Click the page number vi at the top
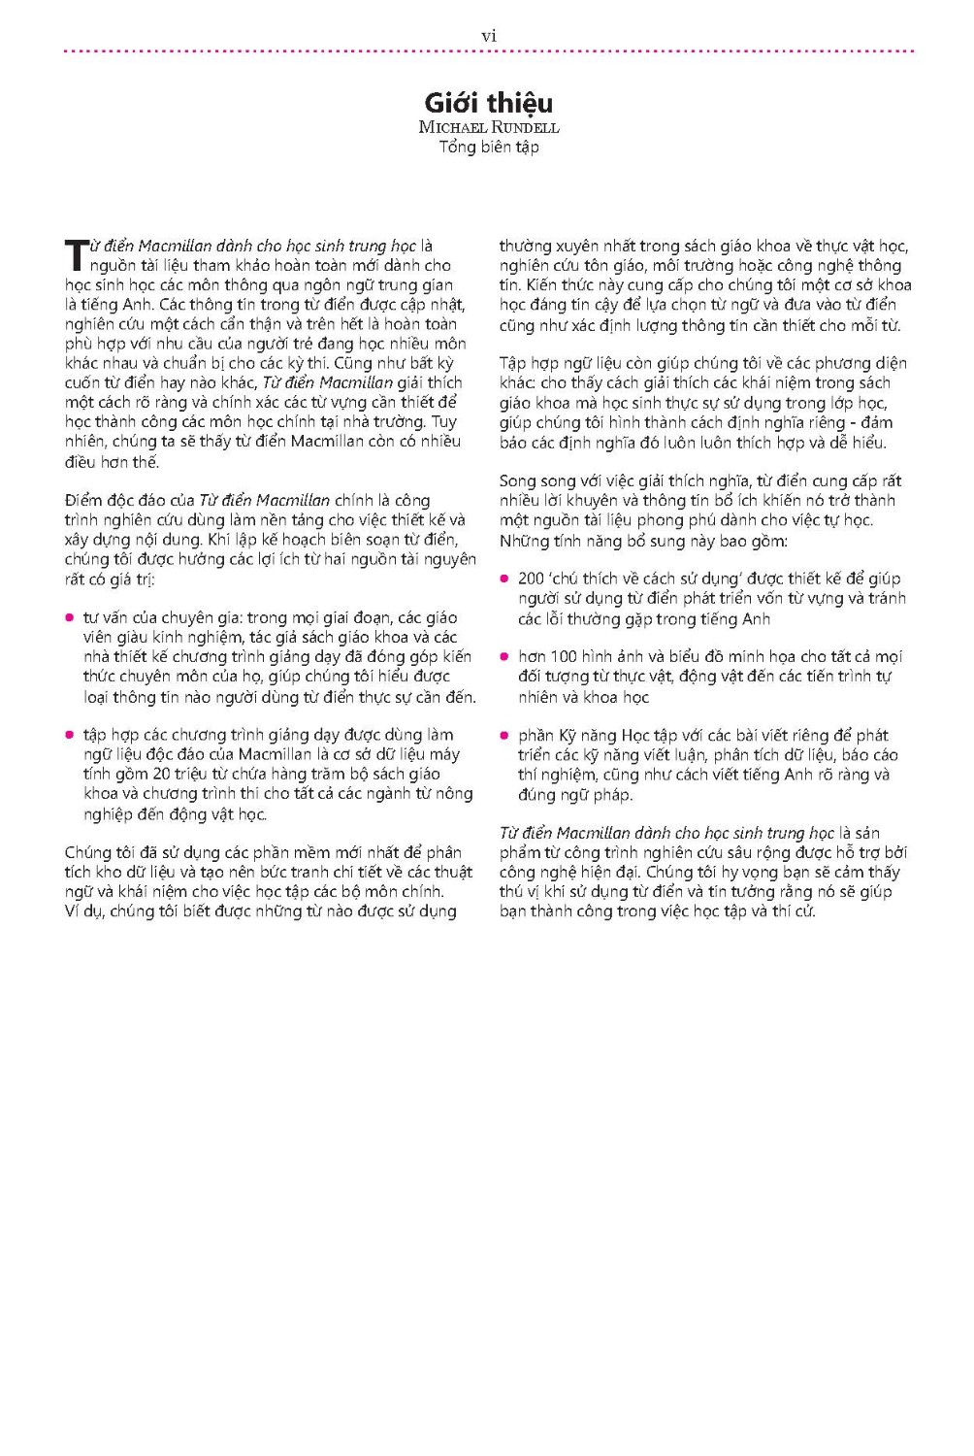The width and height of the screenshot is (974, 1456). [x=488, y=37]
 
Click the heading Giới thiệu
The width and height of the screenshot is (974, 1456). [x=488, y=103]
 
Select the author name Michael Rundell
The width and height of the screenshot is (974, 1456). [x=488, y=127]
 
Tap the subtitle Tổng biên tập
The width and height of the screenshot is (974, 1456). [x=488, y=148]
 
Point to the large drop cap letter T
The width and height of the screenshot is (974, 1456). [x=75, y=255]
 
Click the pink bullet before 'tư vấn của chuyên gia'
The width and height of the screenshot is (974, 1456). [x=70, y=617]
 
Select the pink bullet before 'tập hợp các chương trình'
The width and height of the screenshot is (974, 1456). [x=70, y=735]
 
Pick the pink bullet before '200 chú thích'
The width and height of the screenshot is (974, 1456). [x=504, y=579]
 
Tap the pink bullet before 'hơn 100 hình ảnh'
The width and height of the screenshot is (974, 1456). [x=504, y=657]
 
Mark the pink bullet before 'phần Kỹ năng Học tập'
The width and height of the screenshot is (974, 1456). [x=504, y=736]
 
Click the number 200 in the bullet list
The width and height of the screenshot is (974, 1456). [x=531, y=579]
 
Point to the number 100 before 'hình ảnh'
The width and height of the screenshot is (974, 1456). [x=565, y=657]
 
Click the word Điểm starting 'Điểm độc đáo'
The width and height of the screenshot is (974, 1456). [x=83, y=501]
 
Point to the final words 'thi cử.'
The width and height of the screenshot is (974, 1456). [x=793, y=911]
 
